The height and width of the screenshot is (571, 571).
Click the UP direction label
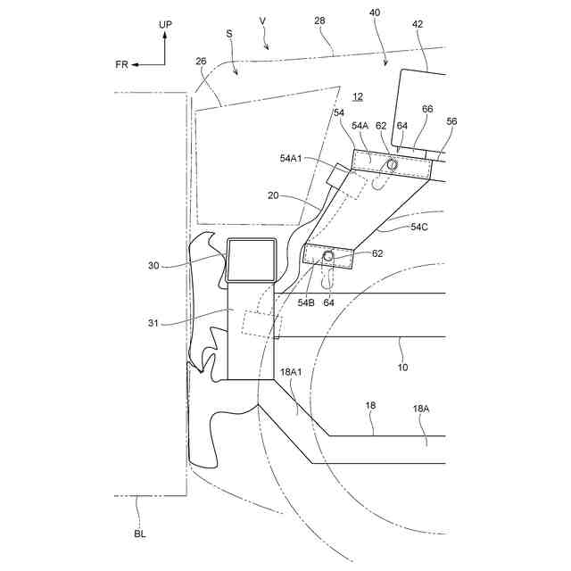point(165,25)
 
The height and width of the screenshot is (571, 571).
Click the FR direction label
point(121,64)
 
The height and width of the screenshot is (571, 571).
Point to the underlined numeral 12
point(357,97)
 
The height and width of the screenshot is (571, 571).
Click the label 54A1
point(291,158)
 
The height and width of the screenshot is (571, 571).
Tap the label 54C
point(418,228)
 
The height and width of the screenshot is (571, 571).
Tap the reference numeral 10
point(401,367)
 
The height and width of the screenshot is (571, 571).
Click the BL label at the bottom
point(139,534)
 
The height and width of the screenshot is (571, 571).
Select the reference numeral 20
point(278,194)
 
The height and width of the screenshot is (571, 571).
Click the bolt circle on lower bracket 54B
point(328,257)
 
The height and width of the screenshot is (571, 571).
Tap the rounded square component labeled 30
point(252,259)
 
